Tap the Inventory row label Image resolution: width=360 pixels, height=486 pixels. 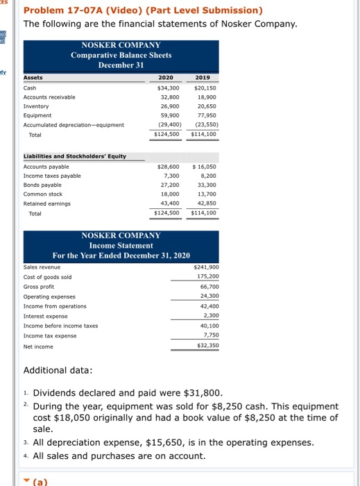pos(36,108)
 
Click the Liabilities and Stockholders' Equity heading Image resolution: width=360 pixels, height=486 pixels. pos(75,156)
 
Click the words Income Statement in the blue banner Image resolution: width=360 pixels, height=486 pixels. pos(121,246)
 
